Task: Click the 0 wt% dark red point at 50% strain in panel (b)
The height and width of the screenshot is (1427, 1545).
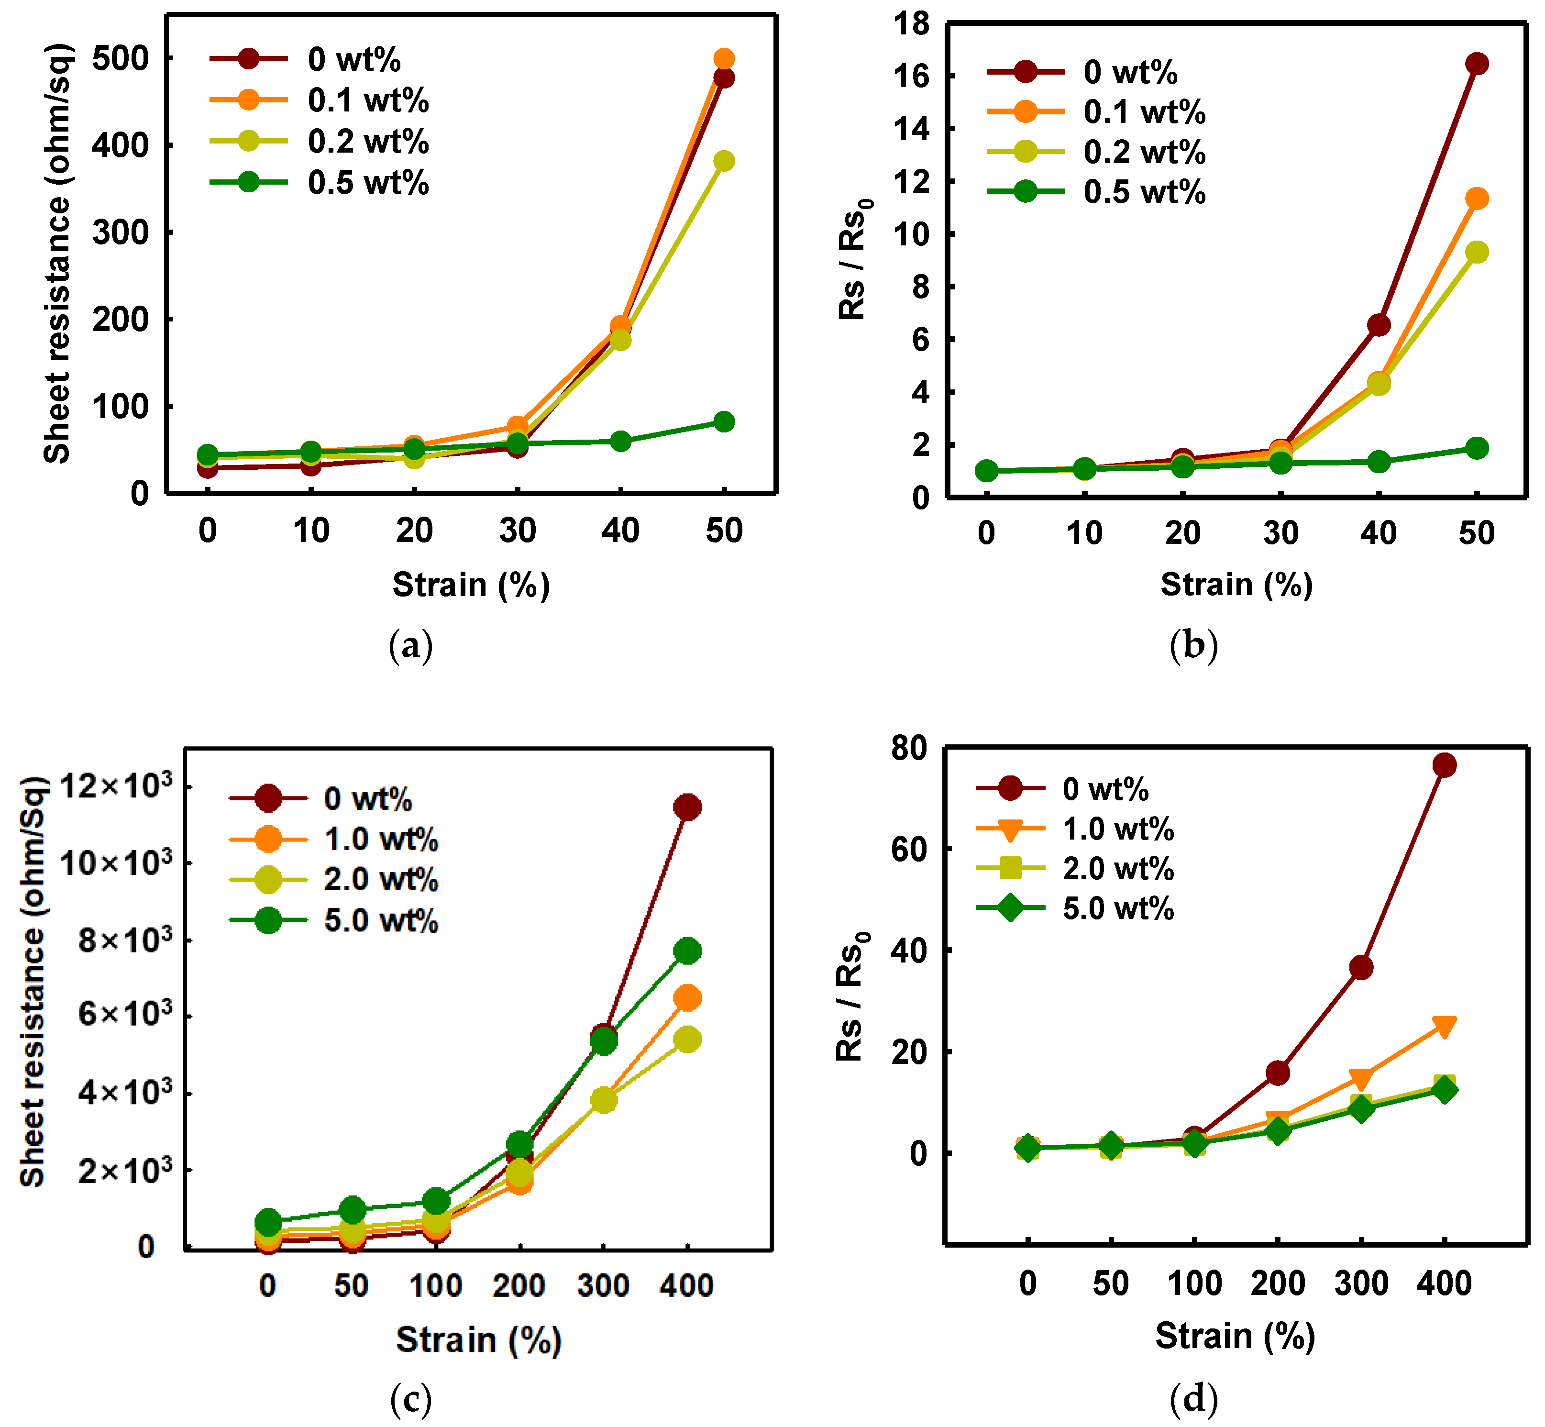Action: click(1476, 63)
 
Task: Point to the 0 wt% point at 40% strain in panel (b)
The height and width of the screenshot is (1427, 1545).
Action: click(1378, 325)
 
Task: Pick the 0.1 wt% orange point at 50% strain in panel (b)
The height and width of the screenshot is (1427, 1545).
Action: click(1476, 199)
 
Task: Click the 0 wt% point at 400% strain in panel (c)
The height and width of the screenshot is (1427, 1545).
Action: click(687, 808)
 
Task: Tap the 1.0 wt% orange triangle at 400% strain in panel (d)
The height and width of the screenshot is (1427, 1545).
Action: click(1444, 1026)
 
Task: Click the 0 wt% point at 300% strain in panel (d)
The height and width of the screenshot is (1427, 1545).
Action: click(1361, 968)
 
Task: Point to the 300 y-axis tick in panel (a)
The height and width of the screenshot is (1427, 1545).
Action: click(120, 232)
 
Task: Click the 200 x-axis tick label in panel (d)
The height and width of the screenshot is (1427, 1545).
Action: click(1278, 1283)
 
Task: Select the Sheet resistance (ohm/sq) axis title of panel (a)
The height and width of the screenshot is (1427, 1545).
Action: click(57, 253)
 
